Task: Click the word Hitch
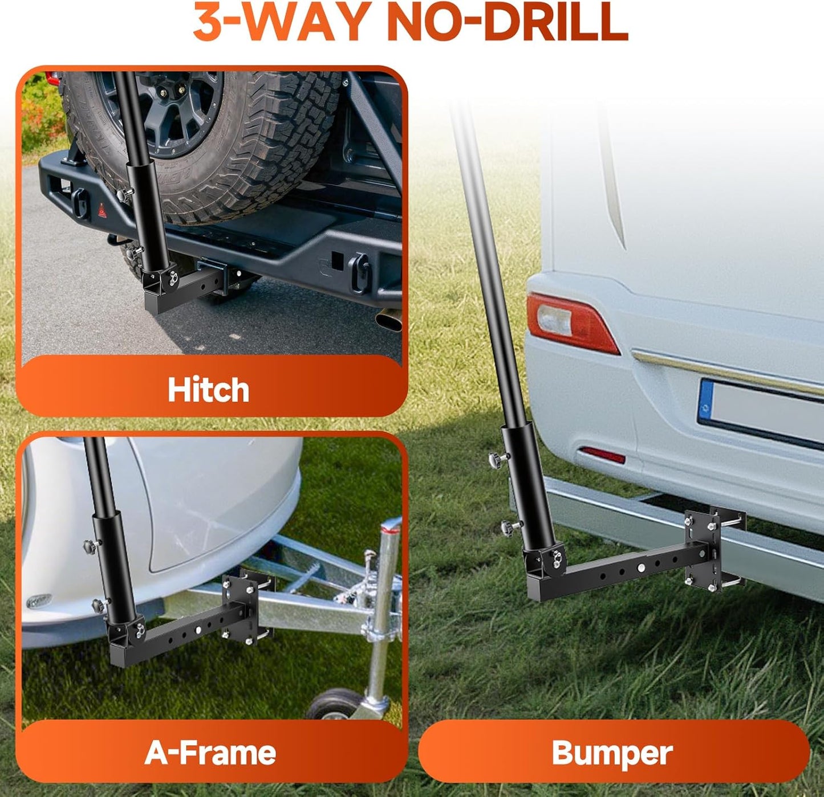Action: [208, 389]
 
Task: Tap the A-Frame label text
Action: [210, 753]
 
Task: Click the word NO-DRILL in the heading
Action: [507, 21]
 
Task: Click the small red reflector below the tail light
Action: [603, 455]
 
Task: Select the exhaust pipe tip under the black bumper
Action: [389, 320]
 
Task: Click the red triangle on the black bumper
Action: [102, 210]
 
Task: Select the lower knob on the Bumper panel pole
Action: [508, 528]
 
